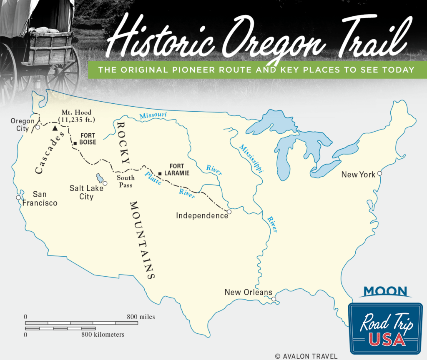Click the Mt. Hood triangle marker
(x=55, y=128)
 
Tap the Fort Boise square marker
(x=75, y=143)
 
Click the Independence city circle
(x=229, y=212)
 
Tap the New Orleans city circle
(x=274, y=299)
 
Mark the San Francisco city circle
(x=18, y=197)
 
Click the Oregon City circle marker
(x=38, y=127)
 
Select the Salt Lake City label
(x=86, y=192)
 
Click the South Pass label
(x=125, y=181)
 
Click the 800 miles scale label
(x=141, y=317)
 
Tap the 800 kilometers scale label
(x=103, y=334)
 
